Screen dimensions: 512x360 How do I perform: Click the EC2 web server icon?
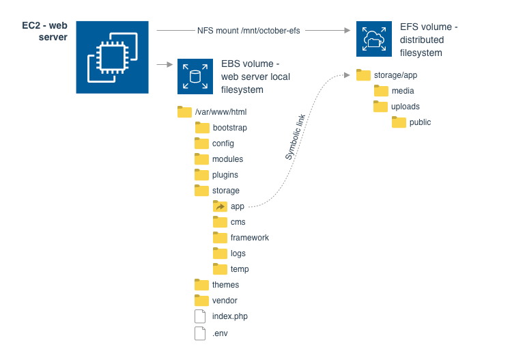pos(113,57)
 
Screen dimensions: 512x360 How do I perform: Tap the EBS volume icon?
pos(195,77)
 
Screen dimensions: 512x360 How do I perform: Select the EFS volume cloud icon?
pos(374,39)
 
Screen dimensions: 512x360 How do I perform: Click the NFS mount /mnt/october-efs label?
pos(248,30)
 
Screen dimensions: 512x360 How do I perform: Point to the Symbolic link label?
pos(295,137)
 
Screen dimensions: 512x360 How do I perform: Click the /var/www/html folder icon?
pos(184,112)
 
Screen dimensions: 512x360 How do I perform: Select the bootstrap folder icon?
pos(202,128)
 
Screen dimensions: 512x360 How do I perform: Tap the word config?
pos(223,143)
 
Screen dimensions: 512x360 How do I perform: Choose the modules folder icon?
pos(201,158)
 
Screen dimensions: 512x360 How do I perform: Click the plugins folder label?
pos(225,175)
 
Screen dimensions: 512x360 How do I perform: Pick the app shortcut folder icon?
pos(220,206)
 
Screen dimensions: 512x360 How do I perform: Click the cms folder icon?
pos(220,222)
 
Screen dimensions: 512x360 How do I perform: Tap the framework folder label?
pos(250,238)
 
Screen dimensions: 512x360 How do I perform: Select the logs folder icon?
pos(220,253)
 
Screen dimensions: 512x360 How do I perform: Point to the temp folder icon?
pos(220,269)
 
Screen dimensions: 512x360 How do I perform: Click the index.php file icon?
pos(200,316)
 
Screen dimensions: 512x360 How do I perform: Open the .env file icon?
pos(200,333)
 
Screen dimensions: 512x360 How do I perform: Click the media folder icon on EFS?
pos(381,90)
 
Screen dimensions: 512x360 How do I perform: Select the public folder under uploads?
pos(399,122)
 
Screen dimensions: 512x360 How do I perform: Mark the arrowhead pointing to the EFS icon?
pos(347,30)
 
